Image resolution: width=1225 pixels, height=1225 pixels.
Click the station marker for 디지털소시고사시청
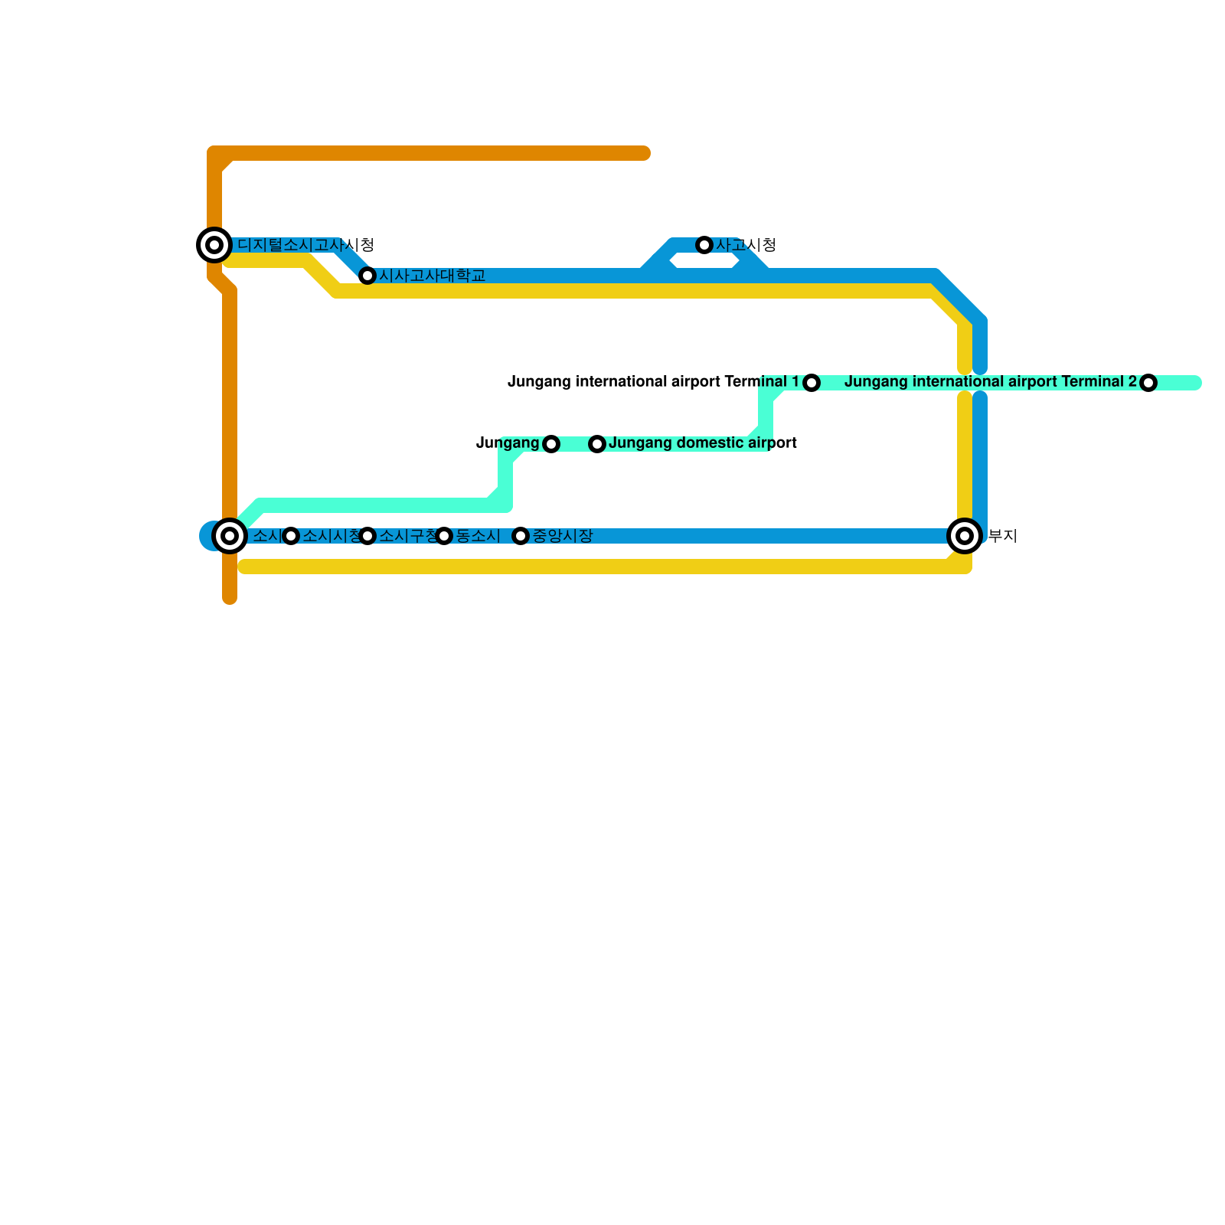(214, 245)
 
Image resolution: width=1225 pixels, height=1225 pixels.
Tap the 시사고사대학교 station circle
(367, 276)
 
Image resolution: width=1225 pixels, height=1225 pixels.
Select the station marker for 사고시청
(704, 245)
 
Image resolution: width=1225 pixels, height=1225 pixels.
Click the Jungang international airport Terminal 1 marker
(812, 383)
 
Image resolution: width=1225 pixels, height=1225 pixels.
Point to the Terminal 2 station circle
(1148, 383)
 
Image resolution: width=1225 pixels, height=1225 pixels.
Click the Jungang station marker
(551, 444)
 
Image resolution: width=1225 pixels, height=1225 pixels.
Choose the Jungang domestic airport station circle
(597, 444)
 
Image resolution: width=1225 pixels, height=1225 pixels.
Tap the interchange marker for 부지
(965, 536)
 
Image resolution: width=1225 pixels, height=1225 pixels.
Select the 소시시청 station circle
(291, 536)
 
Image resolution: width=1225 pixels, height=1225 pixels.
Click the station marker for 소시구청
(367, 536)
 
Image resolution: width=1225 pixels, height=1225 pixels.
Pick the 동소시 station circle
(444, 536)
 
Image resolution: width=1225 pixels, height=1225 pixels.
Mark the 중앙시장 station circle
(521, 536)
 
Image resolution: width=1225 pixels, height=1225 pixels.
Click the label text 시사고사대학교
(433, 276)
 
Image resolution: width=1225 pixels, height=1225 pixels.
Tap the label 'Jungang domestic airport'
(702, 443)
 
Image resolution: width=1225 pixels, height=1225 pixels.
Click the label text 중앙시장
(562, 536)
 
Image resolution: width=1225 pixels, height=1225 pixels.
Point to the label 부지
(1002, 536)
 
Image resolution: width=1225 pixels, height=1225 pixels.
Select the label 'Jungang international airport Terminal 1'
(653, 381)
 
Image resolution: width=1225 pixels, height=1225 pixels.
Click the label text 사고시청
(746, 245)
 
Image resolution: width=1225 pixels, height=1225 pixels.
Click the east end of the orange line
(645, 154)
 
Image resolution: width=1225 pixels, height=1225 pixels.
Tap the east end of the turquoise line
(1196, 383)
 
